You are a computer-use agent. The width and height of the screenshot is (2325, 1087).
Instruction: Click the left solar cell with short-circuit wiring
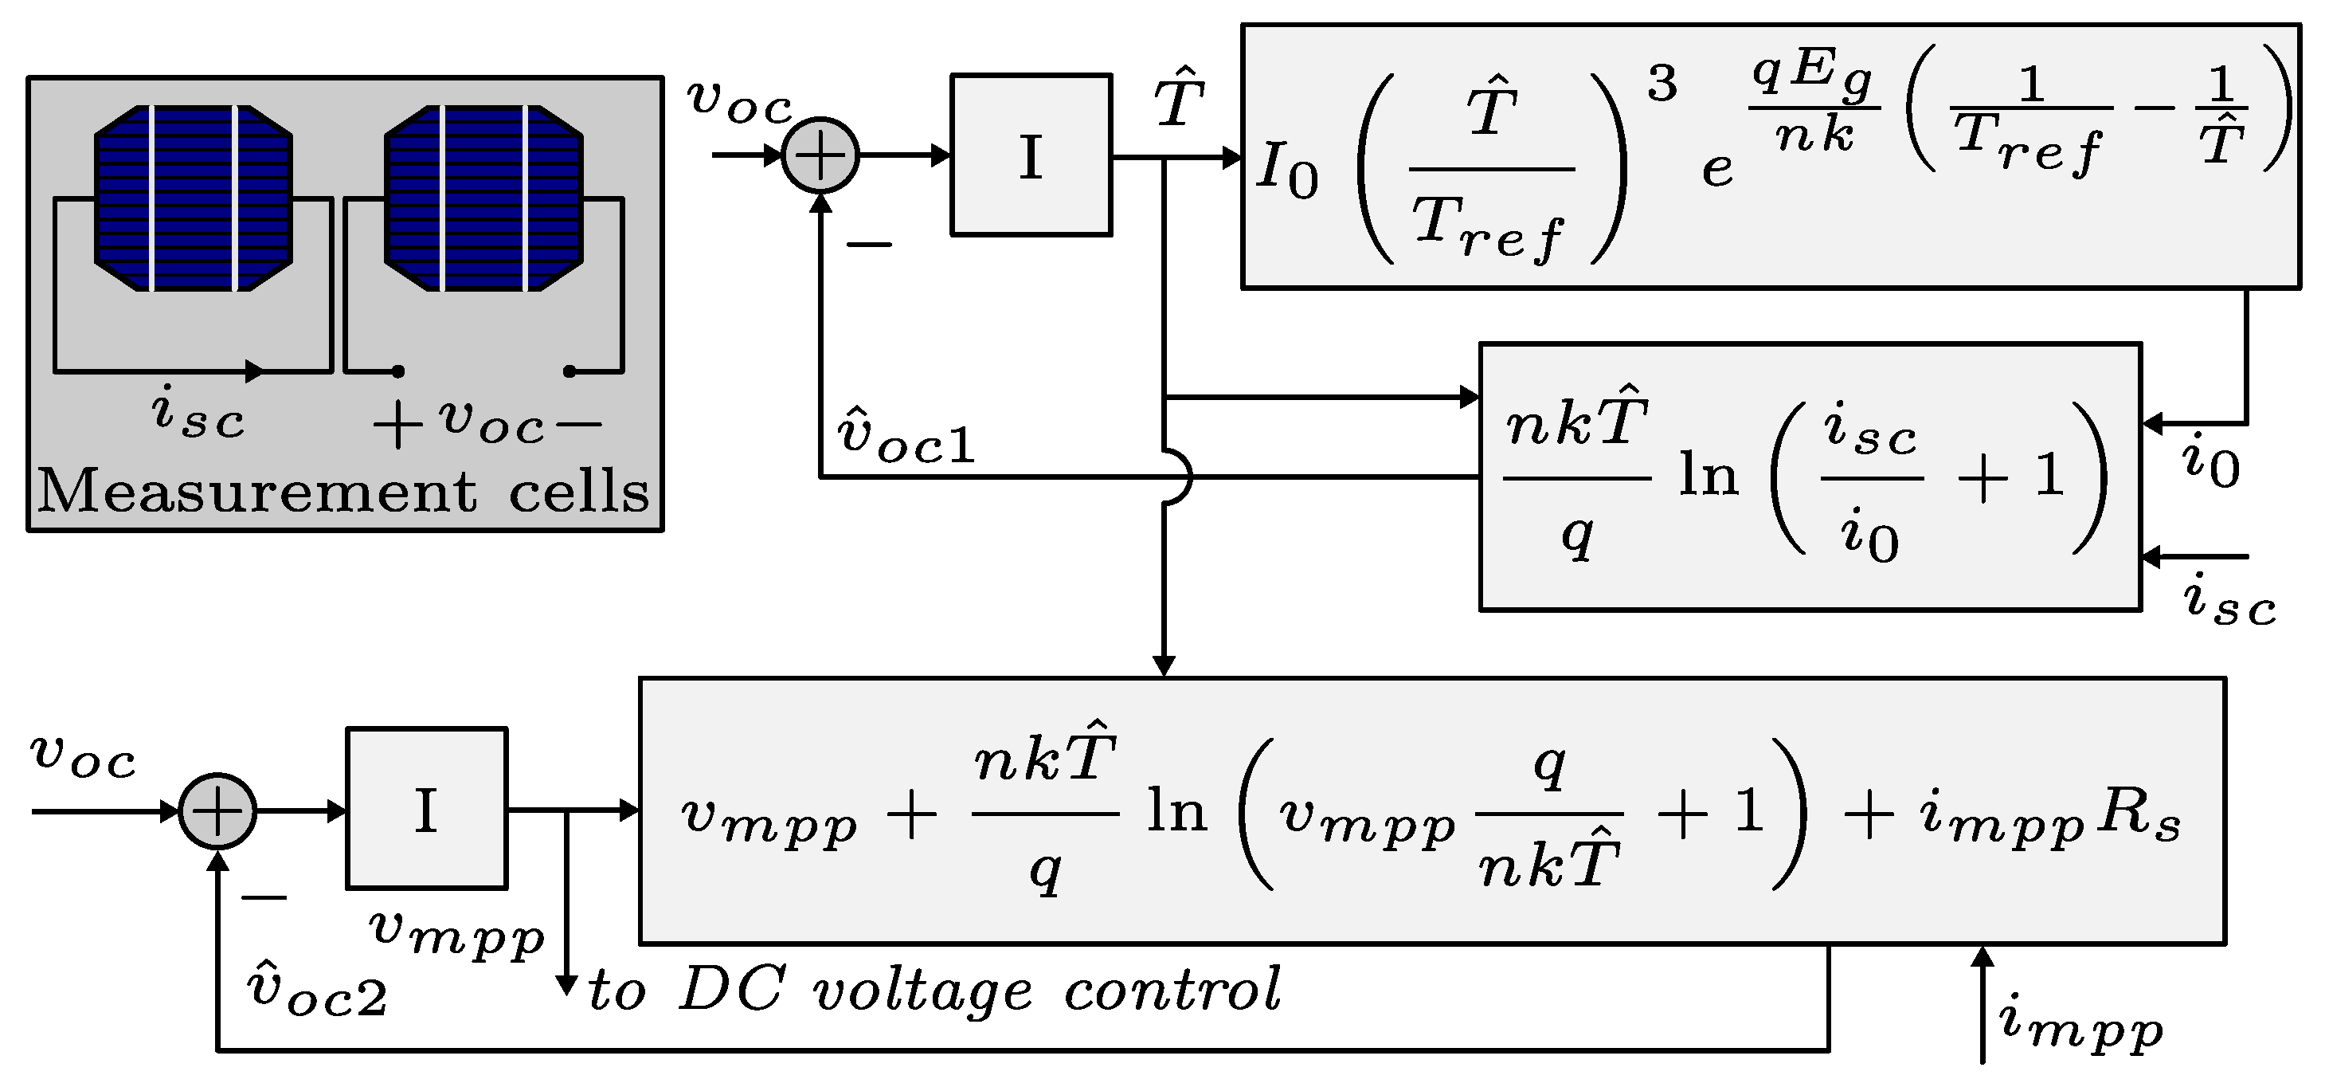pos(193,198)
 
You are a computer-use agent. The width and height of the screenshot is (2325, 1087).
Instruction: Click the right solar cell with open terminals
pos(483,198)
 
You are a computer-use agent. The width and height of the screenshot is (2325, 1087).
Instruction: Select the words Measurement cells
pos(343,492)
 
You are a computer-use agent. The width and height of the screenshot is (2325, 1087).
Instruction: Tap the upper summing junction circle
pos(820,155)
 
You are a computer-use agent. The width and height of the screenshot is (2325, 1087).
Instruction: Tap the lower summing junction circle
pos(217,810)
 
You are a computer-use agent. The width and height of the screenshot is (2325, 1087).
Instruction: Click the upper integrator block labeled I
pos(1031,155)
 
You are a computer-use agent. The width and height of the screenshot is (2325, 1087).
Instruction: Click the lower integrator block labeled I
pos(427,809)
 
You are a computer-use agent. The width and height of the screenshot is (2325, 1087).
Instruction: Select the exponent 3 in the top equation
pos(1662,84)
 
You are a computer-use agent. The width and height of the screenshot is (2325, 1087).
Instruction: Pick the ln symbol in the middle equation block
pos(1708,476)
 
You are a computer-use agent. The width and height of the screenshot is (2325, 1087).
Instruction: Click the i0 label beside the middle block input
pos(2210,462)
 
